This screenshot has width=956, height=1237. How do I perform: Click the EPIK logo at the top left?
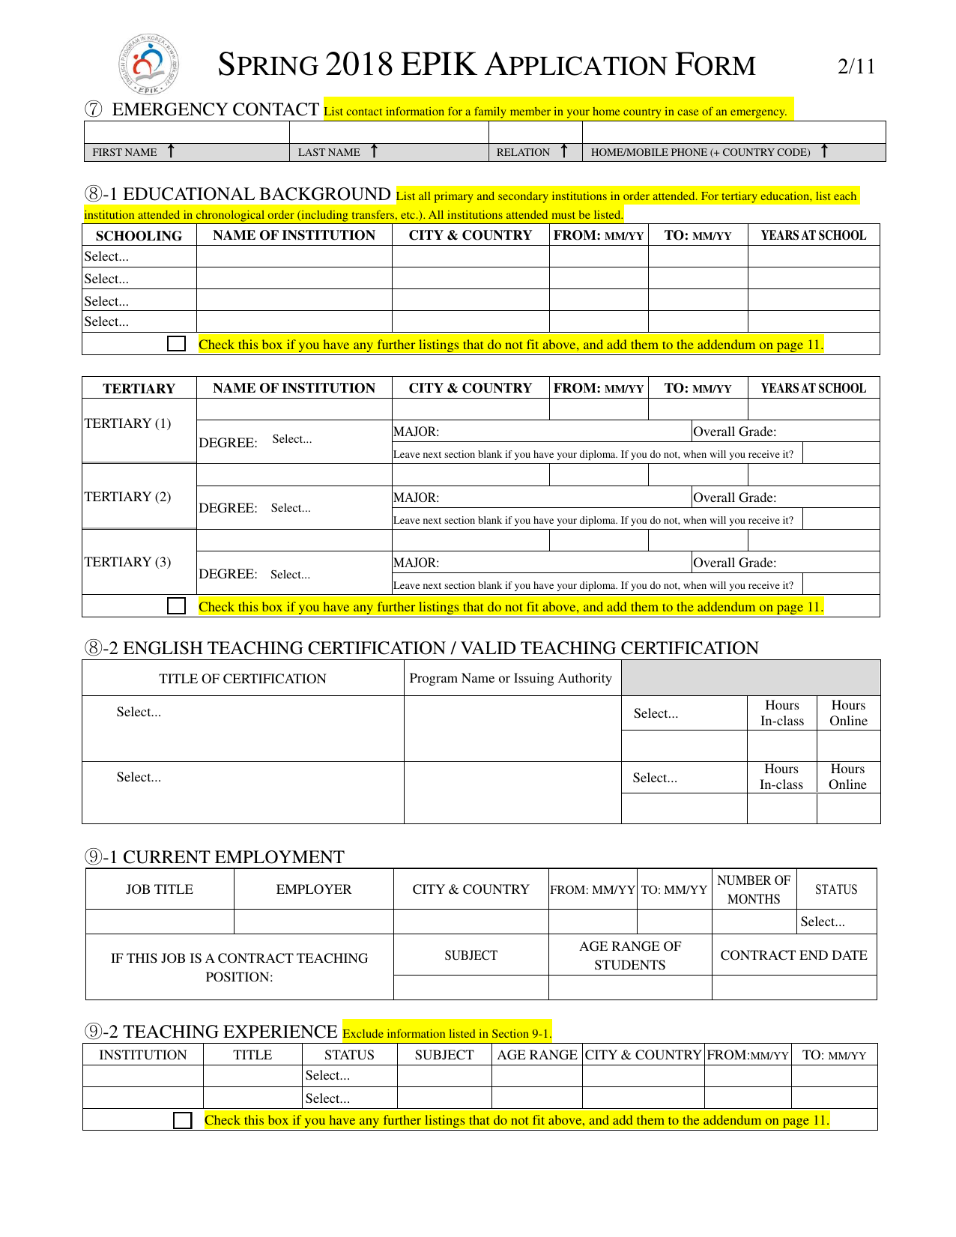click(149, 64)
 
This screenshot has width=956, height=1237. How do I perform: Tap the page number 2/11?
click(856, 67)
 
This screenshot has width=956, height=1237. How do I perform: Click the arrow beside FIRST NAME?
click(171, 151)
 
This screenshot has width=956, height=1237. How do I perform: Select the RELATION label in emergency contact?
click(523, 152)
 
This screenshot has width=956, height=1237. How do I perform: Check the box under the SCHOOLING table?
click(177, 344)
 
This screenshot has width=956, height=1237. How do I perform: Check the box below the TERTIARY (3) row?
click(177, 606)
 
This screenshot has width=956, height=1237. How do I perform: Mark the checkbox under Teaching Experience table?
click(182, 1120)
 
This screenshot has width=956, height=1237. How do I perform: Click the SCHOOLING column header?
click(139, 235)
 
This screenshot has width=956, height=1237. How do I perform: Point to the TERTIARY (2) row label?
click(127, 497)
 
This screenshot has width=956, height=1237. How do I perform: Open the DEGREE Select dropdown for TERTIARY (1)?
click(291, 439)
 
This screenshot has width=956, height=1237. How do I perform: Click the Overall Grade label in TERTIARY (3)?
click(734, 563)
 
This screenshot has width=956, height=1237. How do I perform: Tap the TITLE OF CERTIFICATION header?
click(243, 679)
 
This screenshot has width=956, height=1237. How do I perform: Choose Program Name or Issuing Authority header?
click(510, 678)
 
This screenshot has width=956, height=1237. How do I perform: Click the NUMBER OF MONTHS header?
click(754, 889)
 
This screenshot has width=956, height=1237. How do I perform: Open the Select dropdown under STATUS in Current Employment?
click(823, 922)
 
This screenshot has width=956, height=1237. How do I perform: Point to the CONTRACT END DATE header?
click(793, 955)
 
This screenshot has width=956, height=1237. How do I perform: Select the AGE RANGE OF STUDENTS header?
click(630, 955)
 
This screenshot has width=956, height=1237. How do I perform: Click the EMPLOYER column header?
click(313, 889)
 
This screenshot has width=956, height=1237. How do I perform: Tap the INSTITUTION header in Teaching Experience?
click(142, 1055)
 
